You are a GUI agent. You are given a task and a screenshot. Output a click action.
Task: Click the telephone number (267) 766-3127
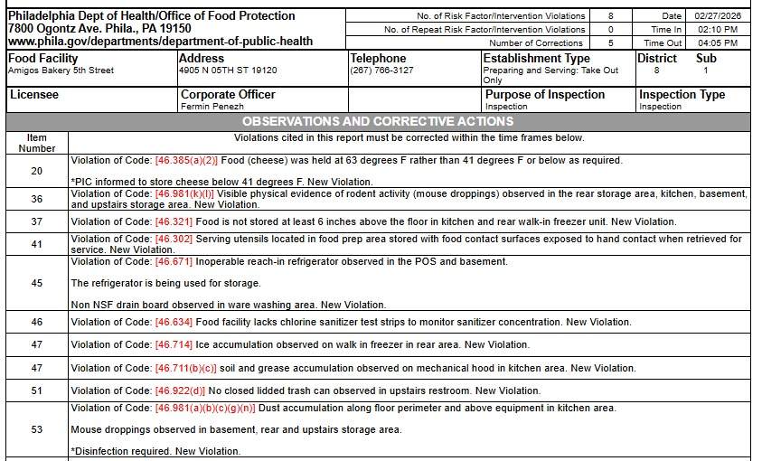[381, 71]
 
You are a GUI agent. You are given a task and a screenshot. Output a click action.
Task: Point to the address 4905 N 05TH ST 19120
[228, 71]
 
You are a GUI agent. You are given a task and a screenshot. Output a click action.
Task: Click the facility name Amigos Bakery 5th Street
[61, 71]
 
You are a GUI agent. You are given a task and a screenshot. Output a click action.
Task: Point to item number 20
[36, 171]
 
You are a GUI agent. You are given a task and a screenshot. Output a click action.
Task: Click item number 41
[36, 244]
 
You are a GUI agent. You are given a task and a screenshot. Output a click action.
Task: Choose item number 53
[36, 430]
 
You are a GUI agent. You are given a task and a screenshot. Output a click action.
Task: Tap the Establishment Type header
[536, 59]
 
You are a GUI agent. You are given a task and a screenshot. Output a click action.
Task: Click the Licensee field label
[33, 94]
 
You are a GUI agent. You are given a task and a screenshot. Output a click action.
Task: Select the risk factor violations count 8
[611, 16]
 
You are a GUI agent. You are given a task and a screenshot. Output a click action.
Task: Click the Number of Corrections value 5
[611, 43]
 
